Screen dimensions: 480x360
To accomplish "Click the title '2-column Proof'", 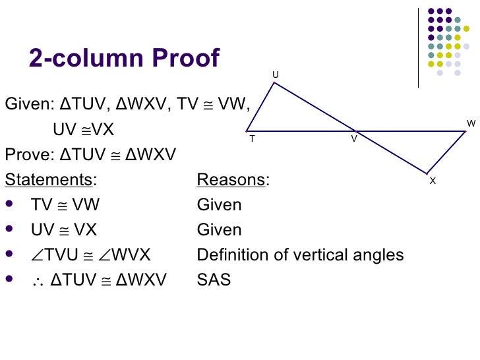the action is tap(124, 58).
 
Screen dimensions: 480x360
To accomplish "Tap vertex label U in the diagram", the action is tap(276, 76).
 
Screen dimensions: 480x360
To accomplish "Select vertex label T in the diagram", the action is tap(252, 139).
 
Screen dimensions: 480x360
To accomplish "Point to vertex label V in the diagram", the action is tap(354, 139).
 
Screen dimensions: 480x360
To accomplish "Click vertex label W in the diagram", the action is tap(471, 123).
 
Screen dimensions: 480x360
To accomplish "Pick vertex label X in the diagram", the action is tap(433, 181).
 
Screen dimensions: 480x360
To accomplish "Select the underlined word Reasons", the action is tap(231, 180).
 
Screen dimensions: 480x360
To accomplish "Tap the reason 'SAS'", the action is tap(214, 280).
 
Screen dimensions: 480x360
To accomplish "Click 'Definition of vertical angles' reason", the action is tap(300, 255).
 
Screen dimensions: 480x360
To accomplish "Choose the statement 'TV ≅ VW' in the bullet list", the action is tap(65, 205).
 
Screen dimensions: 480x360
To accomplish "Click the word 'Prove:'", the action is tap(30, 155).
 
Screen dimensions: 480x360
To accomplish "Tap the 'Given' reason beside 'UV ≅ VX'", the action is tap(219, 230).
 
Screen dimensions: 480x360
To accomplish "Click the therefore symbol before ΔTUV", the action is tap(37, 281).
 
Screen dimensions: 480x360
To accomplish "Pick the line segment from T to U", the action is tap(260, 107).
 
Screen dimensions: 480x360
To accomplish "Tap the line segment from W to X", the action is tap(446, 152).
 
